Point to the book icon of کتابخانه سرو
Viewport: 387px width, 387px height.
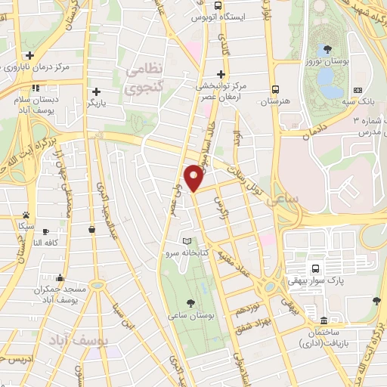(x=187, y=241)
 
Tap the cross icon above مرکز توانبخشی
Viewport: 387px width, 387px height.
(x=220, y=74)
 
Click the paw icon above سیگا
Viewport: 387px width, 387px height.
(x=26, y=215)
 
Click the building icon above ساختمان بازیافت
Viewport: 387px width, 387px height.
(x=324, y=320)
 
